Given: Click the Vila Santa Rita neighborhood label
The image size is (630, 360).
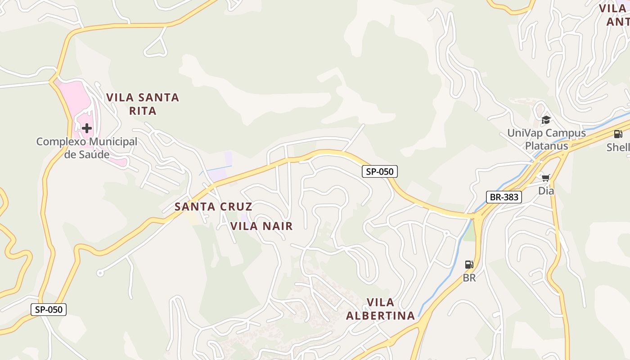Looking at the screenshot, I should [x=143, y=103].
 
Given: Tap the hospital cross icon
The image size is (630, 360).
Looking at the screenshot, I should [x=86, y=128].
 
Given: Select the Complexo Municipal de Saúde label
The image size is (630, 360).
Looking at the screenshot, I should [x=86, y=148].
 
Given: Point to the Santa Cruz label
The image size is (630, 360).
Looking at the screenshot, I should [x=213, y=207].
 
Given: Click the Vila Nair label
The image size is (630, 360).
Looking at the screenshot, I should [x=261, y=226].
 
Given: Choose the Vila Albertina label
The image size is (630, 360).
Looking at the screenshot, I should [x=380, y=309].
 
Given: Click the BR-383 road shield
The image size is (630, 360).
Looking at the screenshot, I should [x=504, y=197].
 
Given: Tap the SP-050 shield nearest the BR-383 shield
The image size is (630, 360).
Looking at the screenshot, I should [x=380, y=171].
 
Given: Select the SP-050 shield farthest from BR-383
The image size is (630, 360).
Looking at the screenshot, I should [x=49, y=310].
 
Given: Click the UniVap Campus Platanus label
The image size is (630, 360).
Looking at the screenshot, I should [x=546, y=139].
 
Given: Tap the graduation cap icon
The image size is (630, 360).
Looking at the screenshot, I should [x=546, y=120].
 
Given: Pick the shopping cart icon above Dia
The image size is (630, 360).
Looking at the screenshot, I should [x=546, y=178].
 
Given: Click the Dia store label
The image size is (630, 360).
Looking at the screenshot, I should [x=546, y=191].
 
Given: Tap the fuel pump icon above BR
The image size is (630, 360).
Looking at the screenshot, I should [x=469, y=265].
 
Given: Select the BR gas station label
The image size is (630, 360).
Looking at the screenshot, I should [x=469, y=278].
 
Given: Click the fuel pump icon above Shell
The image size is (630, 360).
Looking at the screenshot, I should [x=618, y=134].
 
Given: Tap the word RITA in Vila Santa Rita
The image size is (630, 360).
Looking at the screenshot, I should [x=143, y=111].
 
